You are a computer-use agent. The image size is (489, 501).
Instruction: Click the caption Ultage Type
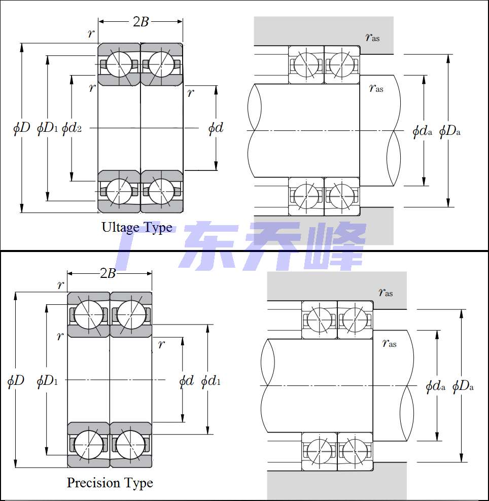point(137,228)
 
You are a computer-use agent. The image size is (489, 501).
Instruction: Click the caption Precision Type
point(110,483)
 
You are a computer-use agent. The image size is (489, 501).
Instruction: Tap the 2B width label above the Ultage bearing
point(141,21)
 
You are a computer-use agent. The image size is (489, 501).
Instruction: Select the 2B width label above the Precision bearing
point(108,273)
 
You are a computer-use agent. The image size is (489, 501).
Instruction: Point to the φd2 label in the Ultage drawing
point(72,128)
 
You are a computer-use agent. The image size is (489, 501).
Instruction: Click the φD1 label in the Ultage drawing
point(47,128)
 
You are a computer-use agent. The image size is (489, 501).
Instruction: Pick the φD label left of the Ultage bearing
point(21,128)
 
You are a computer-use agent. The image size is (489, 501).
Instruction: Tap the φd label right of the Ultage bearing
point(216,128)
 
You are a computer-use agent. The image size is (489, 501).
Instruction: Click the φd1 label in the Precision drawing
point(211,381)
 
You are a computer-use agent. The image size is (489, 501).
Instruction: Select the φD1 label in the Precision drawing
point(47,381)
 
